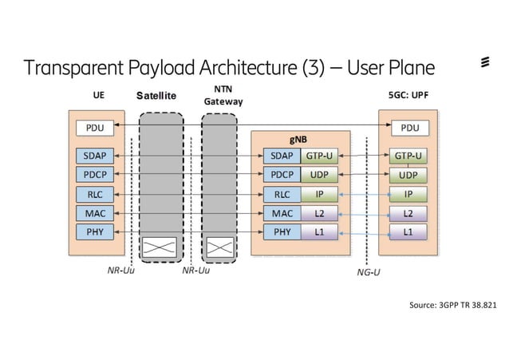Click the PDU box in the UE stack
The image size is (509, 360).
(95, 128)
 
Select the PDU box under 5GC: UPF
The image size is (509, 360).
(408, 128)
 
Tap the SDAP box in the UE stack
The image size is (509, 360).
(95, 155)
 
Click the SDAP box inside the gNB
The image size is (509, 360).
(281, 156)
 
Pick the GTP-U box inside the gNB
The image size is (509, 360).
(318, 156)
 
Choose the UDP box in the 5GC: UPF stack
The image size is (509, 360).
(408, 175)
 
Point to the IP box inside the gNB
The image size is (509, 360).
(318, 194)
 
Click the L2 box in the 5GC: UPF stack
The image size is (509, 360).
(408, 213)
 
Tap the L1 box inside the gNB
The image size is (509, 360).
(318, 232)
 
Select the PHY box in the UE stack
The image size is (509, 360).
(95, 232)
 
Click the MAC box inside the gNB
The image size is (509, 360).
(281, 213)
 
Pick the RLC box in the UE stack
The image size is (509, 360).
(95, 194)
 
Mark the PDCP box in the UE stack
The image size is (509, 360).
(95, 174)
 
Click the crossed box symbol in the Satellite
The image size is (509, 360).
(160, 247)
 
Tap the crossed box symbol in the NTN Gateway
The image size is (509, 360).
(219, 247)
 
